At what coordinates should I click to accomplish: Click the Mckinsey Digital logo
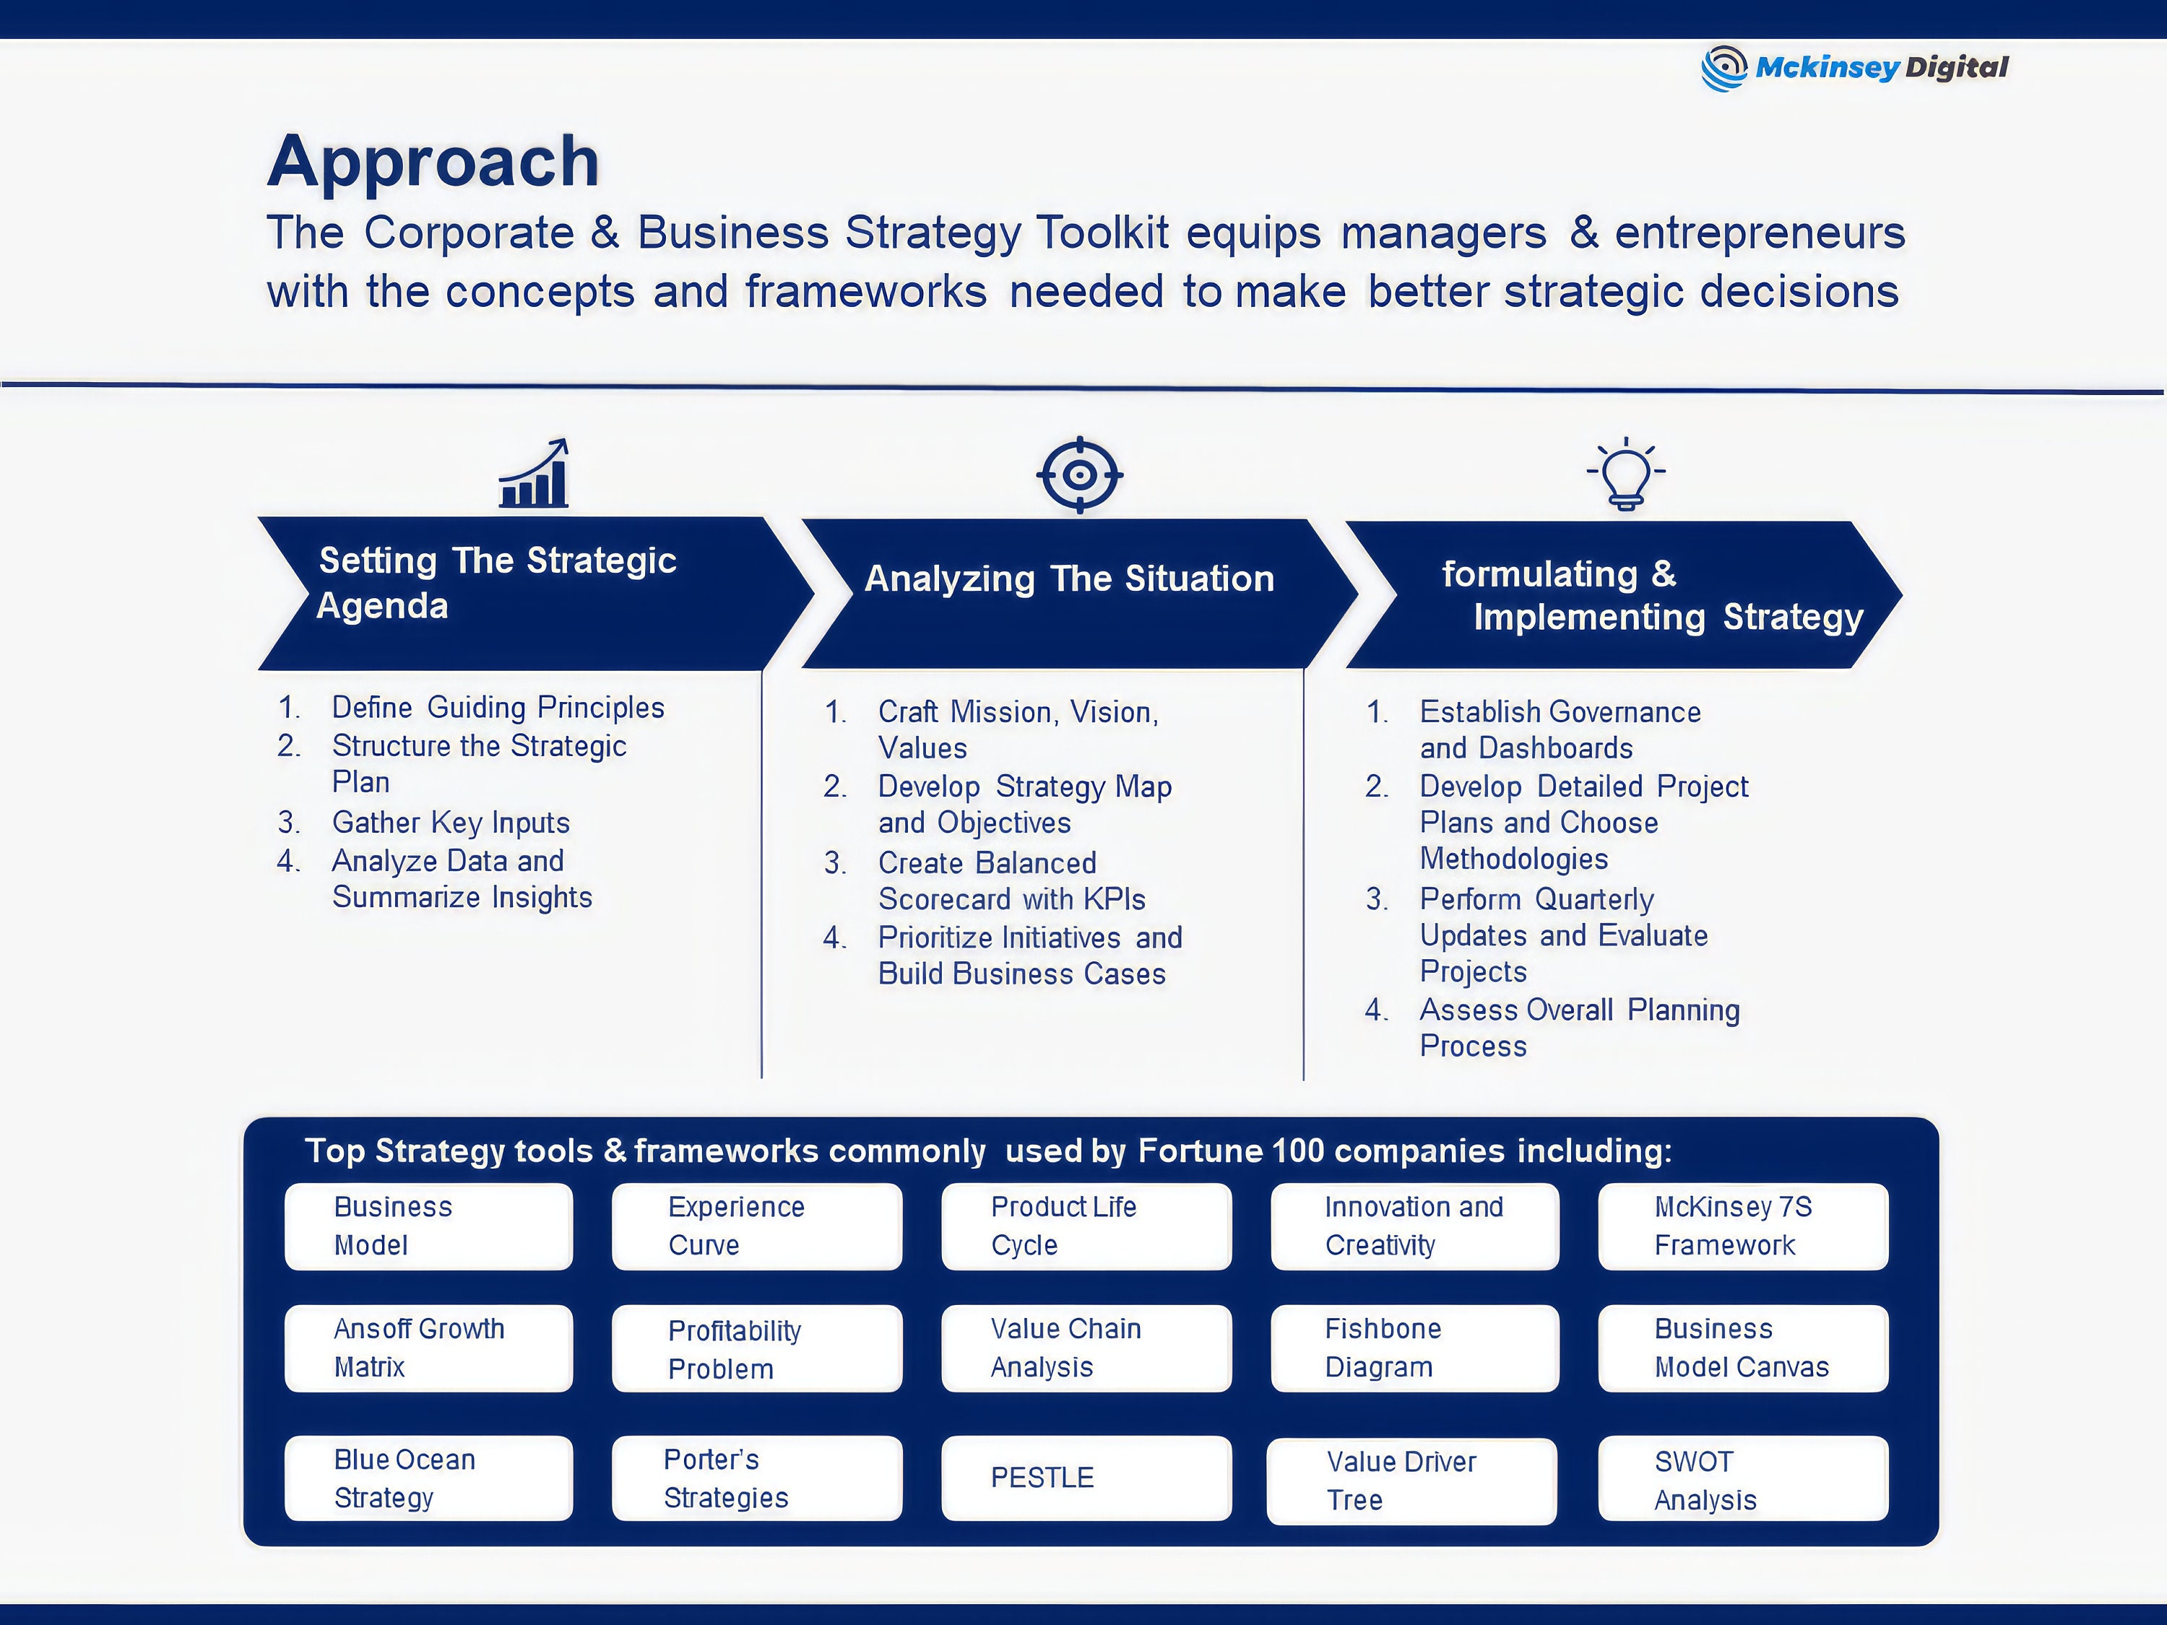pyautogui.click(x=1854, y=68)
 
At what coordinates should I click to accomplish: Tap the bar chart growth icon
pyautogui.click(x=534, y=473)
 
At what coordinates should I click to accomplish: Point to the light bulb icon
pyautogui.click(x=1625, y=474)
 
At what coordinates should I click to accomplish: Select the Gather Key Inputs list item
pyautogui.click(x=450, y=823)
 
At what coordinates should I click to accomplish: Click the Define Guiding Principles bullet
pyautogui.click(x=498, y=707)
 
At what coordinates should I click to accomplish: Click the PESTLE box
pyautogui.click(x=1086, y=1478)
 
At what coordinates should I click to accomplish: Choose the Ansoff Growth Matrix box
pyautogui.click(x=428, y=1348)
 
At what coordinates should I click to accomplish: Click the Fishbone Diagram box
pyautogui.click(x=1414, y=1348)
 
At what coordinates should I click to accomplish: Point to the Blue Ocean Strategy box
pyautogui.click(x=428, y=1478)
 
